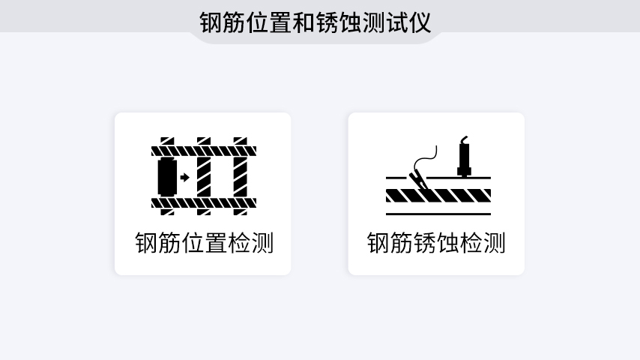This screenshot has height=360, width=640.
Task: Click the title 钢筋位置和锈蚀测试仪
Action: click(x=316, y=22)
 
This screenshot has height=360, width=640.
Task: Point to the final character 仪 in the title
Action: click(x=420, y=22)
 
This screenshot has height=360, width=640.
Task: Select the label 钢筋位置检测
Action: click(x=204, y=244)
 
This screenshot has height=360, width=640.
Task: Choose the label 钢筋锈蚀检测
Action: click(x=436, y=244)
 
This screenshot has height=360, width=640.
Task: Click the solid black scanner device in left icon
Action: click(x=166, y=178)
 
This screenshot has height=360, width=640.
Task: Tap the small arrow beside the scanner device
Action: click(x=184, y=178)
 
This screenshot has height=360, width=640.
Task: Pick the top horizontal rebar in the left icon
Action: click(x=204, y=151)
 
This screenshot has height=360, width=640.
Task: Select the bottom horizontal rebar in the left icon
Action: click(x=204, y=202)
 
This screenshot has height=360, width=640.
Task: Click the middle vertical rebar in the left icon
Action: click(x=204, y=177)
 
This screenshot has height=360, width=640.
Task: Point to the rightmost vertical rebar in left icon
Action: click(x=241, y=177)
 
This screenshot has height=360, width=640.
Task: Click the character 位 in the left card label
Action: click(x=193, y=244)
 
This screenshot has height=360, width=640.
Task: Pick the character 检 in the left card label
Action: click(x=239, y=244)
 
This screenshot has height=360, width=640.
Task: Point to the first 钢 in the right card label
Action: click(x=378, y=244)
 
